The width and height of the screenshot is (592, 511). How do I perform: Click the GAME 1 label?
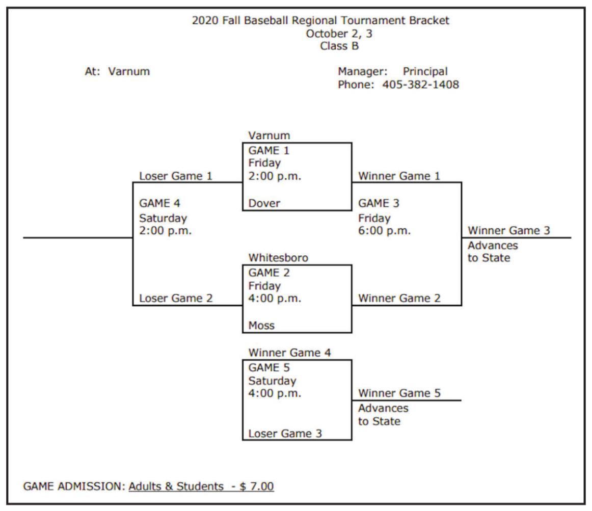269,150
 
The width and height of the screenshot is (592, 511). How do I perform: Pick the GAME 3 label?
380,204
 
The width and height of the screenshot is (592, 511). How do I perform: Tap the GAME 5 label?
269,368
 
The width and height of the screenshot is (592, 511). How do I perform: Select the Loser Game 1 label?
175,176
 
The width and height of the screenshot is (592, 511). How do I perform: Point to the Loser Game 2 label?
175,299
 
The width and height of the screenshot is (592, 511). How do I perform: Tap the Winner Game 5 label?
399,393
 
